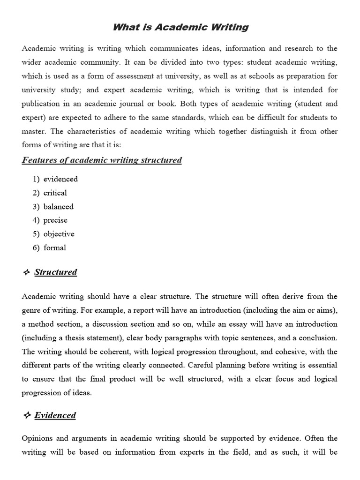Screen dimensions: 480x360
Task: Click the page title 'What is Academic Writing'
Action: pos(180,27)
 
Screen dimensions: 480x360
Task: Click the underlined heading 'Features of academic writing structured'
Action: pos(102,160)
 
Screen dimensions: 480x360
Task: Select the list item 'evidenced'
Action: pos(60,179)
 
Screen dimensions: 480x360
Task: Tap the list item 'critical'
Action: pos(55,193)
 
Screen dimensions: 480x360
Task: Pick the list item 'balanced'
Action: pos(59,207)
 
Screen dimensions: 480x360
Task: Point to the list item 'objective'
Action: pos(59,234)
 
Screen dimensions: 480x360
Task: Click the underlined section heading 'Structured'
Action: pos(56,272)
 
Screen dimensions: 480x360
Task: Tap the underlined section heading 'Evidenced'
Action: pos(55,415)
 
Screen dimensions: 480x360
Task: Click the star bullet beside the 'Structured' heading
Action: pos(26,272)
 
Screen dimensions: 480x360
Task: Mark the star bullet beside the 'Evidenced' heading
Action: pos(26,415)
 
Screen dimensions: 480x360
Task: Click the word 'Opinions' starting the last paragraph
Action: pos(37,439)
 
